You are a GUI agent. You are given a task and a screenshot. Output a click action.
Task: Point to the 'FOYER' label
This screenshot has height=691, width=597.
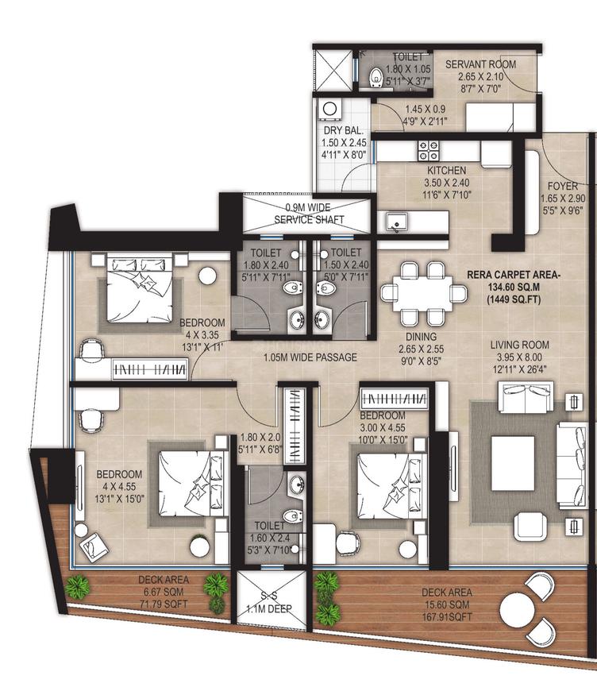(x=562, y=187)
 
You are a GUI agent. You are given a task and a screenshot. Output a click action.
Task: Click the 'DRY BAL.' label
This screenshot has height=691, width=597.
(x=343, y=130)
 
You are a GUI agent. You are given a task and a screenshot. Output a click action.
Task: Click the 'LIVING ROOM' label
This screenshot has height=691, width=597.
(x=520, y=345)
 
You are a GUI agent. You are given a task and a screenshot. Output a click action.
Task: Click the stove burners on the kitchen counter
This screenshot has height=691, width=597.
(x=428, y=150)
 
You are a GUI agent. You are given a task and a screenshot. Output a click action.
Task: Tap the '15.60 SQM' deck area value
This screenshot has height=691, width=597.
(x=449, y=603)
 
